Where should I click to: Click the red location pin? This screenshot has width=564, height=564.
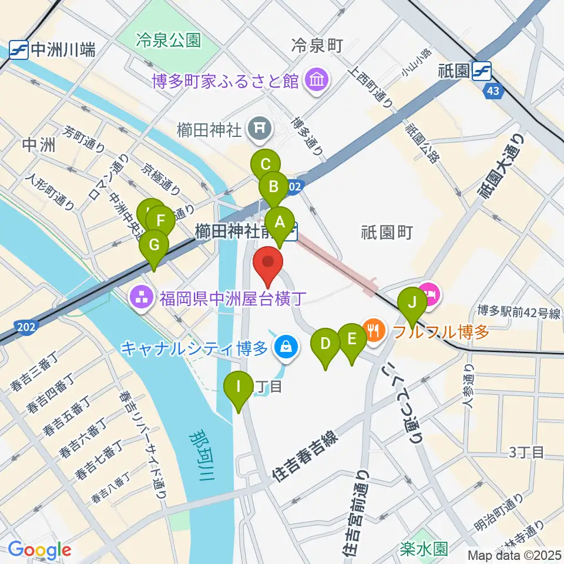click(268, 266)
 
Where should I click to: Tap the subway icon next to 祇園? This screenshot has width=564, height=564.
click(483, 71)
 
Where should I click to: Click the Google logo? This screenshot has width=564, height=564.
click(39, 550)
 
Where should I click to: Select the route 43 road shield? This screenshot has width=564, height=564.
click(495, 91)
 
